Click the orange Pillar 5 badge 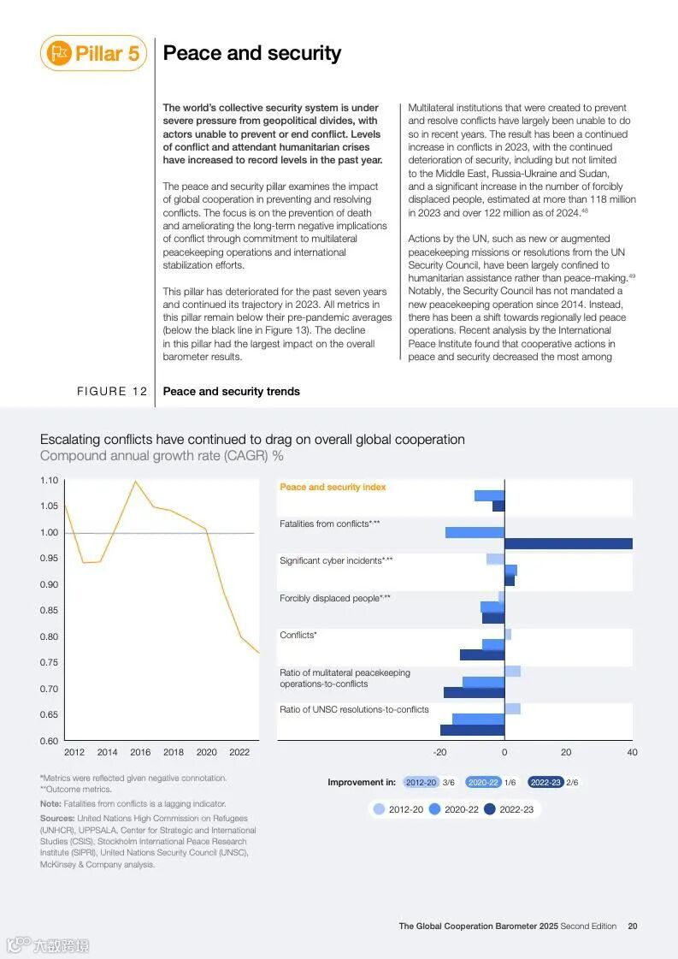(x=93, y=53)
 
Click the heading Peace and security (x=251, y=53)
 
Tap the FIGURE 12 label (x=112, y=392)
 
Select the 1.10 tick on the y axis (x=50, y=480)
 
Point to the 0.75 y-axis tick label (x=50, y=662)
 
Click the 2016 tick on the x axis (x=140, y=752)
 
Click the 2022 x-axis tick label (x=239, y=752)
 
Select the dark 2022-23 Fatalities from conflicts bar (x=569, y=543)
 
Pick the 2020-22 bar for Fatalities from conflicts (x=475, y=532)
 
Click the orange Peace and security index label (x=333, y=487)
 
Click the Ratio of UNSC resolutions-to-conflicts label (x=354, y=709)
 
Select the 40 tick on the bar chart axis (x=632, y=752)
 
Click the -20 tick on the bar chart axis (x=439, y=752)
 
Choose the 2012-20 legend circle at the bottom (x=380, y=809)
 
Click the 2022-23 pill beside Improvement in (x=545, y=782)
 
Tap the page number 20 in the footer (x=632, y=926)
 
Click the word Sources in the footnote (x=56, y=818)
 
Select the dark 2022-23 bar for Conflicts (x=482, y=654)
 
